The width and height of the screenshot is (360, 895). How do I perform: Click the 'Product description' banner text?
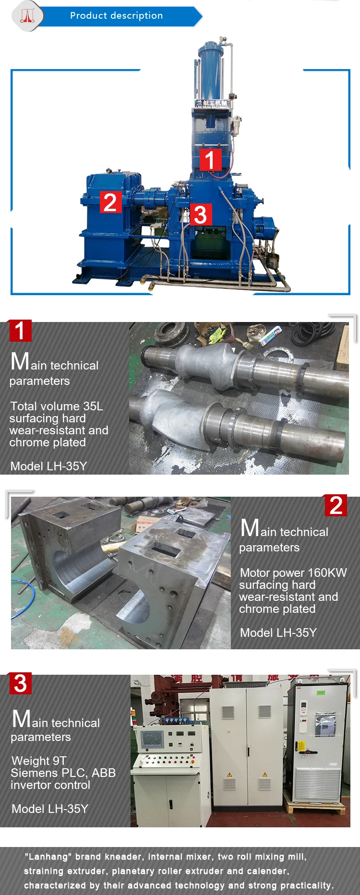tap(117, 16)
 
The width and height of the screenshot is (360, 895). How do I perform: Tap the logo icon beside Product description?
tap(27, 16)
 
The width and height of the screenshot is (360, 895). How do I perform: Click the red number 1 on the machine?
tap(210, 160)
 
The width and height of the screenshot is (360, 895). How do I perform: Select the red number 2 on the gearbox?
tap(110, 202)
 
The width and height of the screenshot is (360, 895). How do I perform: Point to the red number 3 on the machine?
tap(201, 215)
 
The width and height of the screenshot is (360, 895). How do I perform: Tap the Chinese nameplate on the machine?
tap(211, 104)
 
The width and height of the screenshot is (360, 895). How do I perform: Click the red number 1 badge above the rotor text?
tap(20, 331)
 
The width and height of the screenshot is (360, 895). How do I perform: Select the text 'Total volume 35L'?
tap(57, 406)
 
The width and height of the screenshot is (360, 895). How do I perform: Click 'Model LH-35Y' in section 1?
tap(48, 466)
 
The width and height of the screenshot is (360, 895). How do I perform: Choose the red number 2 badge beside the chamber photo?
tap(336, 505)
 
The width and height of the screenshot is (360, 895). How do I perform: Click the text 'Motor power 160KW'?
tap(293, 573)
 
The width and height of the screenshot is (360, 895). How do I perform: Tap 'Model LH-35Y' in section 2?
tap(278, 632)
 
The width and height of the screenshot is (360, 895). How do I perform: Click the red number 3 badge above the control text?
tap(20, 683)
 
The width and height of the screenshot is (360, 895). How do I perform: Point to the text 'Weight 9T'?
tap(39, 761)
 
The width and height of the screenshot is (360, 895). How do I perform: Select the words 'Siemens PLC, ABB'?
tap(63, 773)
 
